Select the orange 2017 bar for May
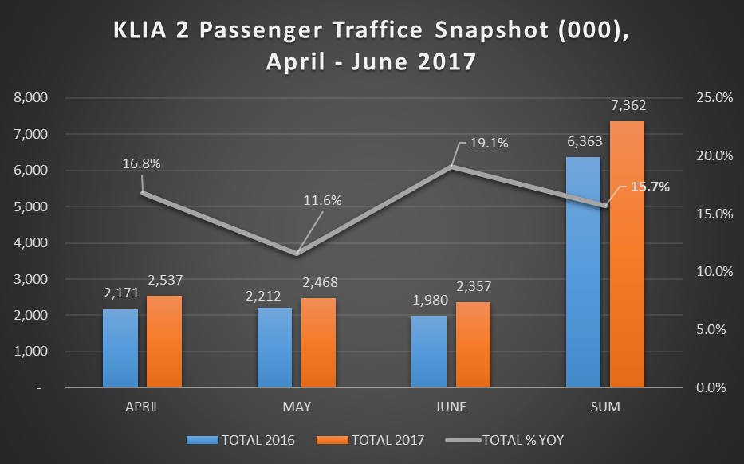(318, 343)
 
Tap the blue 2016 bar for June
(429, 352)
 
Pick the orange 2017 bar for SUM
(627, 255)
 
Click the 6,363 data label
(584, 142)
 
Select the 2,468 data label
(318, 284)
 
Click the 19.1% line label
(489, 144)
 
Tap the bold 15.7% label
(651, 187)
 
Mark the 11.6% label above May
(322, 200)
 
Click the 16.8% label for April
(142, 163)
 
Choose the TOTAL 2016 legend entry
(242, 440)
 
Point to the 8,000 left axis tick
(32, 97)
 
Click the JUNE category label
(451, 407)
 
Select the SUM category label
(605, 407)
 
